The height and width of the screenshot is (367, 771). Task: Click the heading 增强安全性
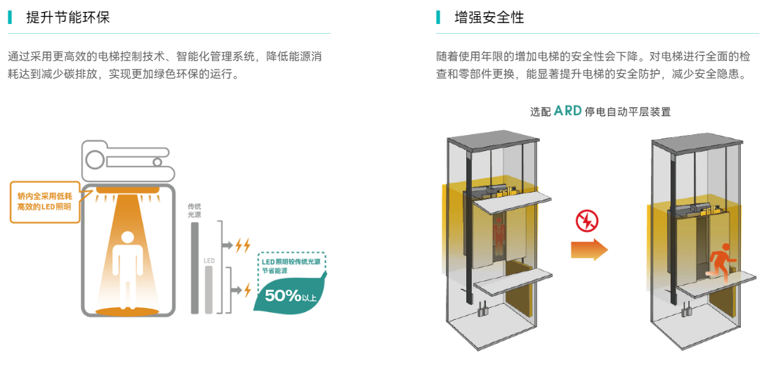489,18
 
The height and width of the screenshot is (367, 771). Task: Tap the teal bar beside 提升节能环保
10,18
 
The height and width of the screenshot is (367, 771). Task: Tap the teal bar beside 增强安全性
438,18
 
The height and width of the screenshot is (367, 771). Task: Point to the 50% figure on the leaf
283,295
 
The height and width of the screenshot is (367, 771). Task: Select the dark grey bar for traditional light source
195,267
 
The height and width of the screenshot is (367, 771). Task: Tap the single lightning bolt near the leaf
247,290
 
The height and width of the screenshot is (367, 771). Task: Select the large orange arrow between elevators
588,249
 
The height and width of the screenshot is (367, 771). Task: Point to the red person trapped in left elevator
499,232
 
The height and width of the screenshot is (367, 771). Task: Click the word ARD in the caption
567,111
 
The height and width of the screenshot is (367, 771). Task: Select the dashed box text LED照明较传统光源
291,261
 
